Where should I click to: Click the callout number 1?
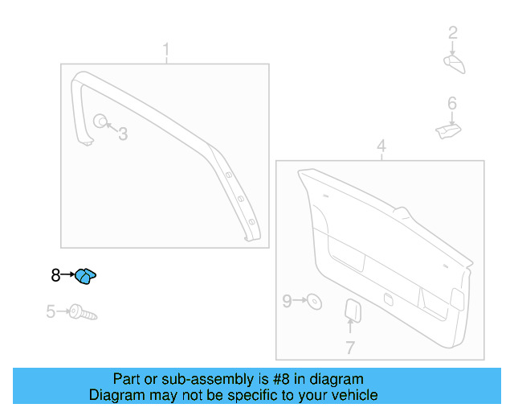pyautogui.click(x=166, y=52)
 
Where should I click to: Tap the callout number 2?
pyautogui.click(x=452, y=33)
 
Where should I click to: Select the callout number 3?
pyautogui.click(x=123, y=134)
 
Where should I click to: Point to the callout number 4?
pyautogui.click(x=381, y=146)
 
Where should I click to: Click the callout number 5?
pyautogui.click(x=51, y=311)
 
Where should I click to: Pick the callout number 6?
pyautogui.click(x=452, y=104)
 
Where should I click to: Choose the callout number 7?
pyautogui.click(x=350, y=348)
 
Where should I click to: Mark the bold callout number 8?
pyautogui.click(x=55, y=275)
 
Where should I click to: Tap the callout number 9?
pyautogui.click(x=287, y=302)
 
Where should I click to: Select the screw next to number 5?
pyautogui.click(x=83, y=312)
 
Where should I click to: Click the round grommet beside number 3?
pyautogui.click(x=100, y=122)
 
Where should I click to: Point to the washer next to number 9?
pyautogui.click(x=315, y=303)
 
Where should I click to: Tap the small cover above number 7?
pyautogui.click(x=352, y=310)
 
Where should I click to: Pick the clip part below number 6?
pyautogui.click(x=447, y=130)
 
